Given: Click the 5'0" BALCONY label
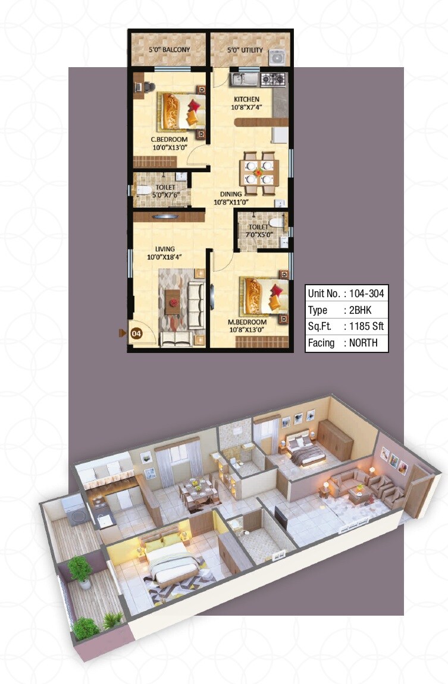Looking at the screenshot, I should click(x=169, y=50).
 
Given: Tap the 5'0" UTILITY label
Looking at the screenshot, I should click(x=245, y=50).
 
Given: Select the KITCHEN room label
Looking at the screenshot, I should click(x=246, y=99).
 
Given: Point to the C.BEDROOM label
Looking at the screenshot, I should click(x=169, y=140).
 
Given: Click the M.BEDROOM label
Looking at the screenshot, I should click(x=248, y=322).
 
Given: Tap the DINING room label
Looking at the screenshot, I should click(x=230, y=194).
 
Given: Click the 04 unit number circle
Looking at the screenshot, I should click(x=136, y=333).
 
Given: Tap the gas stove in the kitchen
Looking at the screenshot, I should click(x=273, y=78).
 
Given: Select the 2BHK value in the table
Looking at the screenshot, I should click(x=358, y=310).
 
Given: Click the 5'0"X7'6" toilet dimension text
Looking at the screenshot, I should click(x=161, y=195).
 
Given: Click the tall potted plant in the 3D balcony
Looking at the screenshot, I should click(x=80, y=570).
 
